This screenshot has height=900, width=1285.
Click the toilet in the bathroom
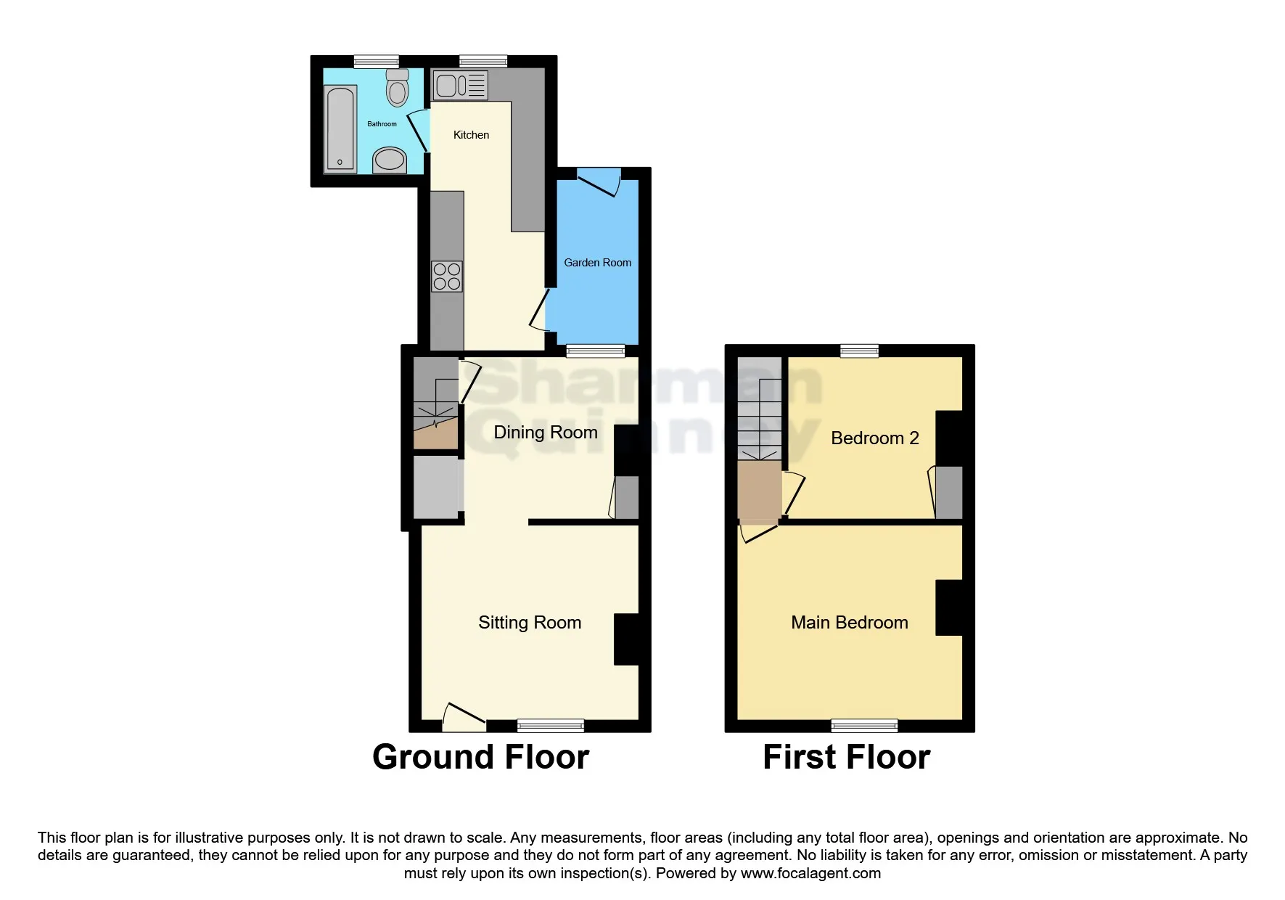[397, 89]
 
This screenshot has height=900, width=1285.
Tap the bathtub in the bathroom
[340, 129]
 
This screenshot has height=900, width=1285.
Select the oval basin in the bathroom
[390, 160]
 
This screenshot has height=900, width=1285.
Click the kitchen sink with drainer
[460, 86]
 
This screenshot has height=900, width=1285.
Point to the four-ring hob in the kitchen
[446, 277]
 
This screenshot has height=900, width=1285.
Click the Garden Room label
[597, 263]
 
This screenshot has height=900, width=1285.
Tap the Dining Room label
[545, 433]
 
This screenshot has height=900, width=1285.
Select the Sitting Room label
[530, 623]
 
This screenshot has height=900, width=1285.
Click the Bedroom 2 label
[874, 438]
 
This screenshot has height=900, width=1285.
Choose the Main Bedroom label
[849, 623]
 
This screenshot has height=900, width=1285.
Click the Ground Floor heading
[480, 757]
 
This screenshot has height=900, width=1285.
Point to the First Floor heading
[846, 757]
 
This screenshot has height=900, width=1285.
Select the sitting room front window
[550, 725]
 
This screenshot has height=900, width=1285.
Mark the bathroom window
[376, 62]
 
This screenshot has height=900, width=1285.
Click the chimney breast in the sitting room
[627, 639]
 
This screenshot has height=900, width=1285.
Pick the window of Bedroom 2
[859, 351]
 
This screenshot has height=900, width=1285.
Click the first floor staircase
[760, 421]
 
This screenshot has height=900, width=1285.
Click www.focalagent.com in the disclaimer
[810, 873]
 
